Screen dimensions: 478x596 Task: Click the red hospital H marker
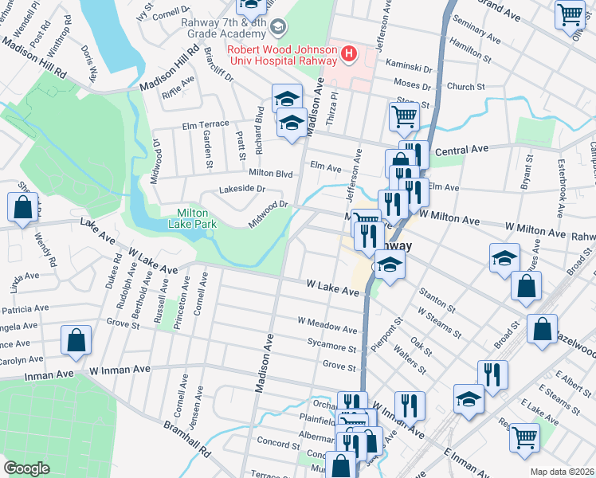click(347, 54)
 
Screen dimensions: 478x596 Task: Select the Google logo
click(26, 468)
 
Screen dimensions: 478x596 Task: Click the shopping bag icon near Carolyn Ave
click(76, 340)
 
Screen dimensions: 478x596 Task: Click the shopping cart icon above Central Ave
click(404, 116)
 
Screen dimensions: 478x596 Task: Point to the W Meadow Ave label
click(327, 327)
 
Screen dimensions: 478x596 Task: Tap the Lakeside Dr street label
click(242, 189)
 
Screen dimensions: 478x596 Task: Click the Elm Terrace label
click(206, 123)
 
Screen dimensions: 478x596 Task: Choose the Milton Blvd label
click(271, 173)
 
